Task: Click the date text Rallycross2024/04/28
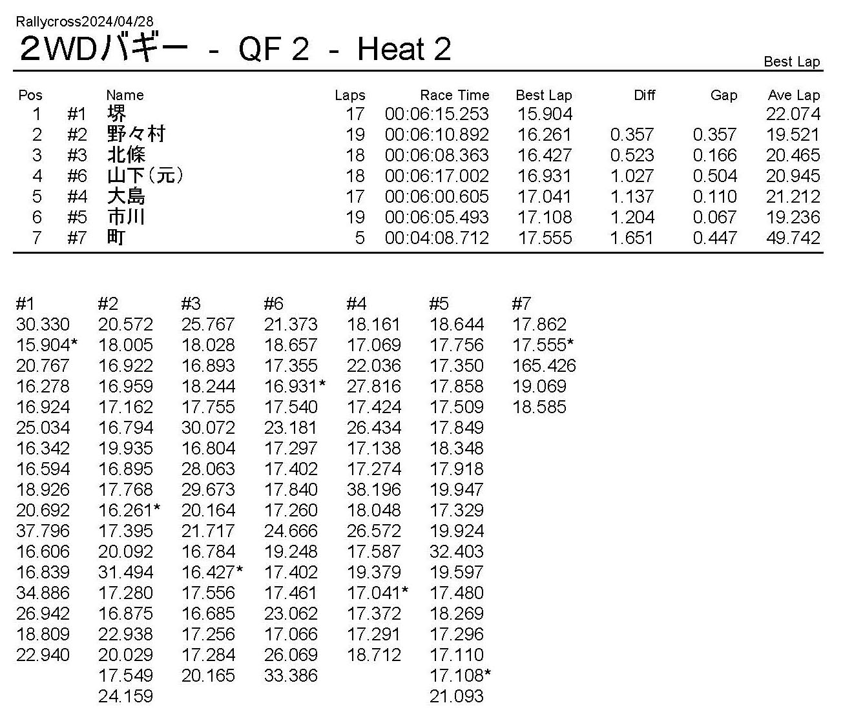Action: [x=85, y=22]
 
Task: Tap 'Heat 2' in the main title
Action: [x=404, y=50]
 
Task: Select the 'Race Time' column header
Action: [x=454, y=96]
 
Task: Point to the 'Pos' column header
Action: [x=30, y=96]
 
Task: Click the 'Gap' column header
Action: [x=723, y=96]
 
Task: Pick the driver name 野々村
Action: [x=136, y=134]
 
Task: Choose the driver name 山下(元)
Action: [x=145, y=176]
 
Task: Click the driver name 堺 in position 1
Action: [x=117, y=114]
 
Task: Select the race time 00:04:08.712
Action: [x=437, y=238]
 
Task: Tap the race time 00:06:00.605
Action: [x=437, y=197]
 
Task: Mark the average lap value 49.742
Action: [x=793, y=238]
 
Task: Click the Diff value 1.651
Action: [x=632, y=238]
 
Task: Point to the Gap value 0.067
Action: [x=714, y=218]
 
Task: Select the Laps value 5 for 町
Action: [x=359, y=238]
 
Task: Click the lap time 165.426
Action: [x=544, y=366]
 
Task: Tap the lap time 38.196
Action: [x=374, y=490]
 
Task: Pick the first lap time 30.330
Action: [x=43, y=325]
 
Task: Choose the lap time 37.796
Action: [x=43, y=531]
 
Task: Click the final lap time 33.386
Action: [x=291, y=676]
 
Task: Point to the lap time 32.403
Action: [x=457, y=552]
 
